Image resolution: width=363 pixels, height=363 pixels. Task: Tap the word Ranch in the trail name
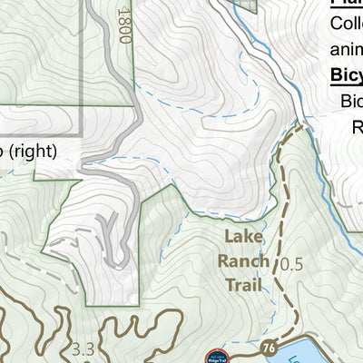[244, 261]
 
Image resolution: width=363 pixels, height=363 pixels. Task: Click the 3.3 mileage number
[83, 348]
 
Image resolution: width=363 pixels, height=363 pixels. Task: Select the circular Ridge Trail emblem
[215, 357]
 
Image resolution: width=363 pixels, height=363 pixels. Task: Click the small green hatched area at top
[247, 5]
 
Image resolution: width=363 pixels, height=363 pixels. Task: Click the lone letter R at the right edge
[357, 128]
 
